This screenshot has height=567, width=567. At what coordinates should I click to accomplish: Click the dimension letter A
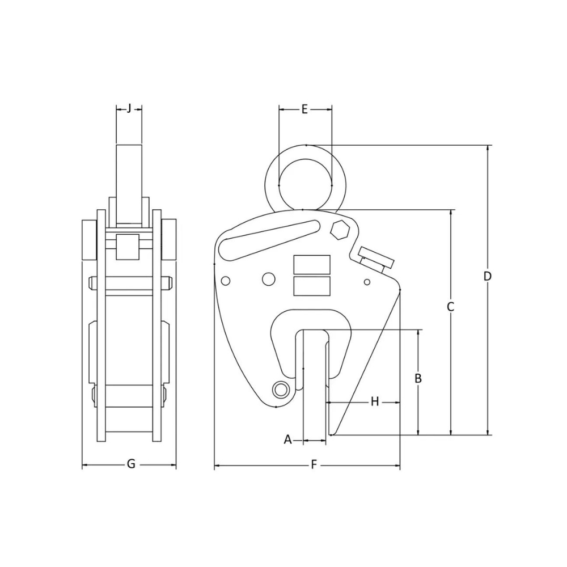coord(287,439)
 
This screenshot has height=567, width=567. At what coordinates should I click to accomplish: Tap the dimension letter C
coord(451,307)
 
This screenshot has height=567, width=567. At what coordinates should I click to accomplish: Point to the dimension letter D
coord(487,276)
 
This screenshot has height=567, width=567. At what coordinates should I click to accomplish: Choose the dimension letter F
coord(314,465)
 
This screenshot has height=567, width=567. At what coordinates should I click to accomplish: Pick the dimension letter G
coord(130,464)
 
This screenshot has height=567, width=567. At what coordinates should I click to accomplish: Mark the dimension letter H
coord(374,401)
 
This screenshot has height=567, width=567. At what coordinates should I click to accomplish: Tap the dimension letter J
coord(129,108)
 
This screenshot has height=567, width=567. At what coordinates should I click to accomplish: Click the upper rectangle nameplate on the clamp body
coord(312,264)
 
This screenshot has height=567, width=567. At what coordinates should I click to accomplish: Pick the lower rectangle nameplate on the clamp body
coord(312,286)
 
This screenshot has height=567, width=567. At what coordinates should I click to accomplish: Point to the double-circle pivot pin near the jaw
coord(280,389)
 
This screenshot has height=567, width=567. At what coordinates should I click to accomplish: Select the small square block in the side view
coord(128,247)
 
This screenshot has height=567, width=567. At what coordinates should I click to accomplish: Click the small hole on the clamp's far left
coord(225,281)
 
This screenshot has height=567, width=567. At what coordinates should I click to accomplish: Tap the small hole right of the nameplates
coord(367,282)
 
